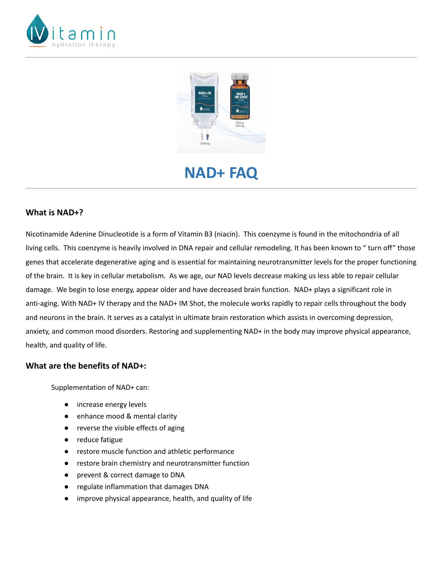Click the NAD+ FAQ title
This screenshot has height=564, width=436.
(221, 173)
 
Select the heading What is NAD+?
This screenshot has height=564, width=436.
(55, 212)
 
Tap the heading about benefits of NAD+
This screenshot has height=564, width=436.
(86, 366)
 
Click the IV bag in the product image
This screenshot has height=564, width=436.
(205, 100)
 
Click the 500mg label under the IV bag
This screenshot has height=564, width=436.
(205, 144)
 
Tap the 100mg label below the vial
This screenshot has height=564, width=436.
(240, 126)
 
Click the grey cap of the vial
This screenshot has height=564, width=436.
(240, 76)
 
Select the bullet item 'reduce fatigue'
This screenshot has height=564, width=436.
(100, 440)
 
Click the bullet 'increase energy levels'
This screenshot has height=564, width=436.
(112, 404)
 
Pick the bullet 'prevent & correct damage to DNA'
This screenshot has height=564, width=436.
(131, 475)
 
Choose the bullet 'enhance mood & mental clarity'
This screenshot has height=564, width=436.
(127, 416)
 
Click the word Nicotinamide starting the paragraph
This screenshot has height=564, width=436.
(47, 234)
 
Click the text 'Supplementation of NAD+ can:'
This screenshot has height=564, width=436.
(100, 387)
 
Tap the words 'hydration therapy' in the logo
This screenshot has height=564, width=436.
(83, 45)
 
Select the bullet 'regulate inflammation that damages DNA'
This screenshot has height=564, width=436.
(143, 487)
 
